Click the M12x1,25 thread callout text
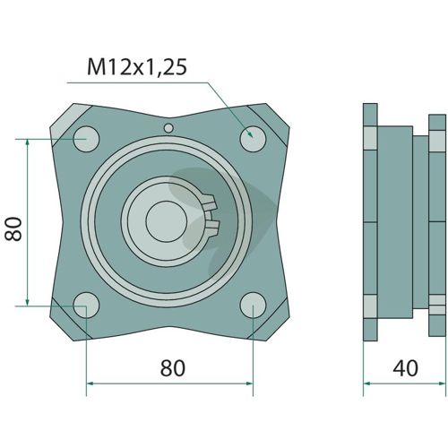(x=137, y=67)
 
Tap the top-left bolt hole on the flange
(x=86, y=139)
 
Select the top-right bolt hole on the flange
(x=253, y=139)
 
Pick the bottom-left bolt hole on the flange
(x=86, y=306)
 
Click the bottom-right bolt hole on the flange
(x=253, y=306)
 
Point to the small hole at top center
(x=168, y=128)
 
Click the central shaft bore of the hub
(x=167, y=221)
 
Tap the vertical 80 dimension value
(x=13, y=229)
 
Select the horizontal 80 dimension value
(x=173, y=368)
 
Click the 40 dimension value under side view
(x=405, y=368)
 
